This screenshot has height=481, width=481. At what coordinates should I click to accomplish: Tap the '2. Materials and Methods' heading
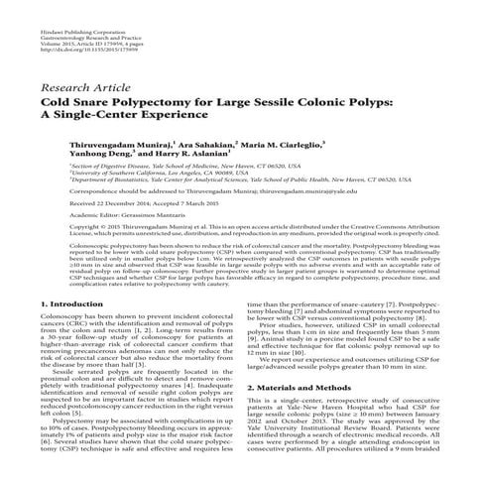click(309, 414)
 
